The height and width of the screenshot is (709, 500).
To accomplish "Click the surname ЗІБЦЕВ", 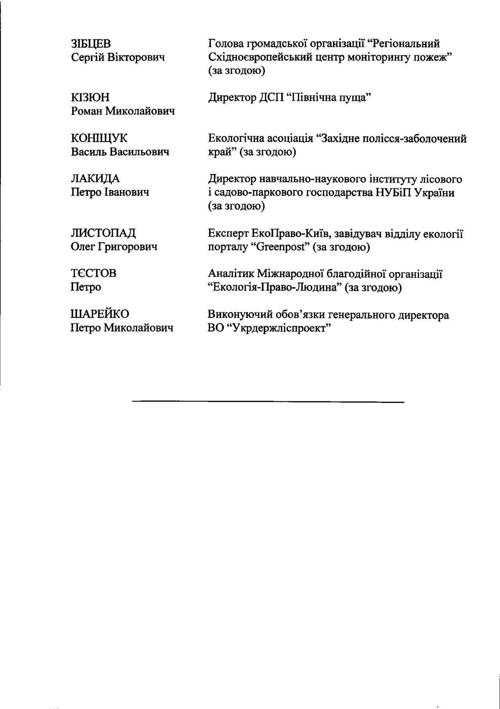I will click(91, 44).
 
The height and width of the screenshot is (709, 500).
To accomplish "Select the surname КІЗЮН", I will click(90, 97).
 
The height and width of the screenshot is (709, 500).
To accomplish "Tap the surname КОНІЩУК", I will click(99, 138).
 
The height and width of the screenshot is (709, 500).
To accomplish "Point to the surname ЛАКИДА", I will click(95, 179).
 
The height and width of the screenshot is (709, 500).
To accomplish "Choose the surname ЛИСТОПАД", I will click(103, 233).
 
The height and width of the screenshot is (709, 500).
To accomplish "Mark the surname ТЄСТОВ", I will click(93, 273).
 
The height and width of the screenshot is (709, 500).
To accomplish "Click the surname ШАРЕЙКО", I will click(100, 314).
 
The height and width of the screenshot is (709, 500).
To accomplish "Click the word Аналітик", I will click(229, 274).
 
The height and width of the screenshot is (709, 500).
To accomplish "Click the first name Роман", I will click(86, 111).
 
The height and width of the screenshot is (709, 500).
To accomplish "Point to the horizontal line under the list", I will click(268, 401).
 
